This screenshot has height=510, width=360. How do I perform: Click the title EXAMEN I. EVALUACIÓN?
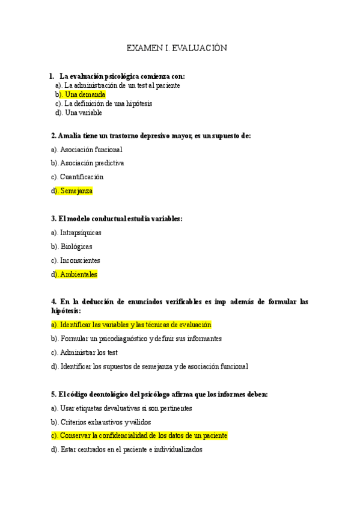tap(176, 48)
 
